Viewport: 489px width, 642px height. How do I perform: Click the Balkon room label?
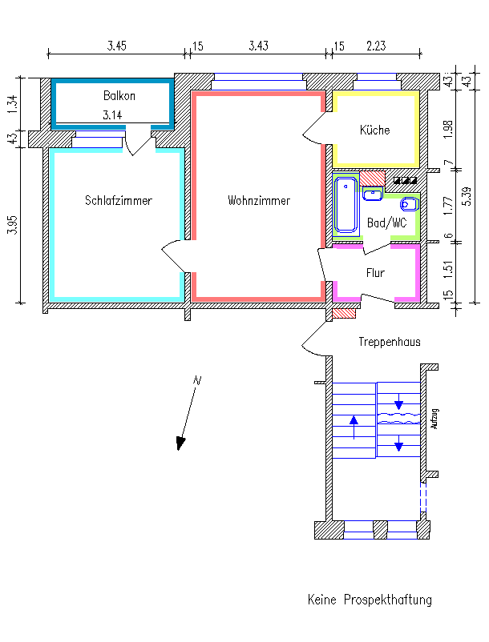[x=119, y=96]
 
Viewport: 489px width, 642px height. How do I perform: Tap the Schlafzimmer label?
[x=119, y=200]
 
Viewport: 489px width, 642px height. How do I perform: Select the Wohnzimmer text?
[x=259, y=200]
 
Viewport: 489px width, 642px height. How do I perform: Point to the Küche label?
[x=374, y=130]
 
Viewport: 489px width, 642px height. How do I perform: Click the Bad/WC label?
[x=387, y=223]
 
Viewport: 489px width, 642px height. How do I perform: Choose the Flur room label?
[x=375, y=273]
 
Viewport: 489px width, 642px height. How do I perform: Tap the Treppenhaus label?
[x=390, y=342]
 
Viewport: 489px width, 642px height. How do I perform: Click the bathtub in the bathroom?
[x=346, y=205]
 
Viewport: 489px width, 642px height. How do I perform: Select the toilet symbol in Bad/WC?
[x=410, y=203]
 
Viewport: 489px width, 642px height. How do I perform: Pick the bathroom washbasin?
[x=373, y=193]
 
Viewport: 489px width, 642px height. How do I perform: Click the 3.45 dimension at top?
[x=117, y=46]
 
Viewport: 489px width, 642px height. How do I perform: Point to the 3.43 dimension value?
[x=259, y=46]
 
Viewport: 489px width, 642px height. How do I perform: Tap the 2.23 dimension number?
[x=376, y=46]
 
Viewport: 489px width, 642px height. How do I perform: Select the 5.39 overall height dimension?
[x=467, y=196]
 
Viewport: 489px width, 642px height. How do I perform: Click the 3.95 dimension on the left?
[x=13, y=225]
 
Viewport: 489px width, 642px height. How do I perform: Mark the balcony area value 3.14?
[x=112, y=115]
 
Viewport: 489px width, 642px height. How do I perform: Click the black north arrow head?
[x=180, y=443]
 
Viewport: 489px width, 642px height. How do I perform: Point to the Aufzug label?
[x=435, y=419]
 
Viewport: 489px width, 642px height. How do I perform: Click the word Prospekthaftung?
[x=388, y=600]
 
